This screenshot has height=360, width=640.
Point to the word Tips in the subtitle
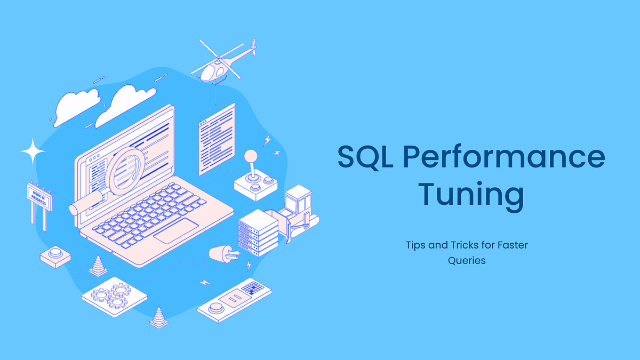pos(416,245)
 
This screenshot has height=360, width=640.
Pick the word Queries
pos(467,261)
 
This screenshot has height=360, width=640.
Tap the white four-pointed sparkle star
pos(33,151)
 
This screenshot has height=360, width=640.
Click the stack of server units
pos(259,232)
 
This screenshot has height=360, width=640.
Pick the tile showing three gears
pos(114,294)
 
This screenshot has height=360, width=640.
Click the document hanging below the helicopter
pos(217,140)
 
